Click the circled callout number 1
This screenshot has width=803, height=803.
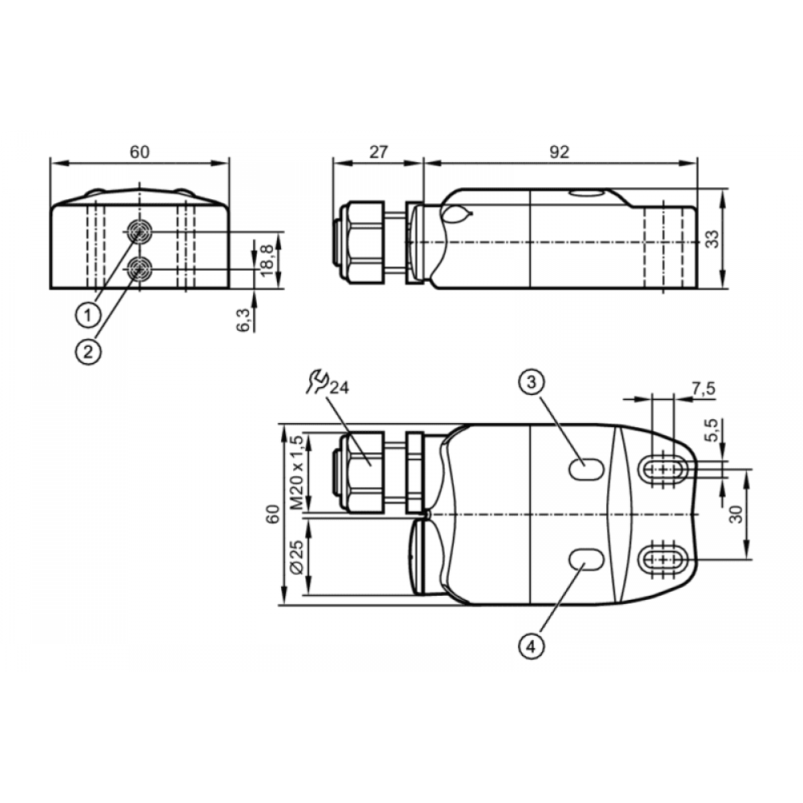[x=88, y=315]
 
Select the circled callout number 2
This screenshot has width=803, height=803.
[x=88, y=352]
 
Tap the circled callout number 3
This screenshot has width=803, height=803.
[x=531, y=381]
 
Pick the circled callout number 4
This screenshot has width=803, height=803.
[x=531, y=646]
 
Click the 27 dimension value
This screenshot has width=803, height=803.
[x=378, y=152]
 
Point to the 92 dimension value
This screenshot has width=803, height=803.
[x=559, y=152]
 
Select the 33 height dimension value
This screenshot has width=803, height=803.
[x=712, y=239]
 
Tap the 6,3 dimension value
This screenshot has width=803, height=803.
[x=243, y=320]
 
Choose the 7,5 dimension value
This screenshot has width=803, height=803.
[x=703, y=389]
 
